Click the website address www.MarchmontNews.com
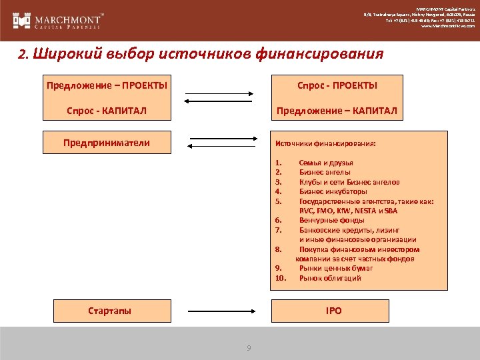tap(448, 27)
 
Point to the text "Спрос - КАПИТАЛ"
tap(107, 110)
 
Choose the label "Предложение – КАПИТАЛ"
tap(337, 110)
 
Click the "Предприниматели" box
tap(107, 142)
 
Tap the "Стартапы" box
tap(110, 311)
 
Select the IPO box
tap(333, 311)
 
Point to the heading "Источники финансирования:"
tap(325, 143)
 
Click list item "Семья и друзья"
tap(326, 163)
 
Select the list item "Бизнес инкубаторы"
tap(332, 191)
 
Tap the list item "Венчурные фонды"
tap(331, 220)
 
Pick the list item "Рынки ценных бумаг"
tap(336, 268)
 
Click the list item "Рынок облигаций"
tap(330, 278)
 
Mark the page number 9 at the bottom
tap(249, 348)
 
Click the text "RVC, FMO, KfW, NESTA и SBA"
tap(348, 211)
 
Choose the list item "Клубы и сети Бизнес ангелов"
tap(349, 182)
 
